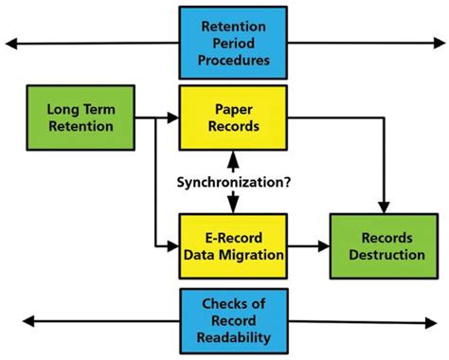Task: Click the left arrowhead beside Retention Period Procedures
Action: (x=11, y=43)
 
